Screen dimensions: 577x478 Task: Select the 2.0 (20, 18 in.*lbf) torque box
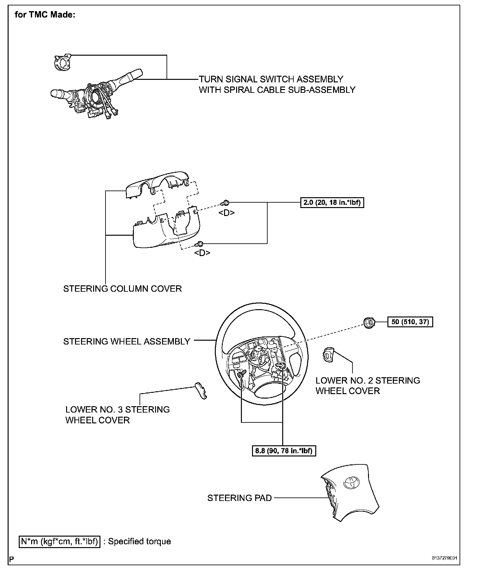click(332, 203)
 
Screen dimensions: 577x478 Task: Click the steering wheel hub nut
click(369, 323)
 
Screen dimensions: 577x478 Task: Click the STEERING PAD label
click(240, 498)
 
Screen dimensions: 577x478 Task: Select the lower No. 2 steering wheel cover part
click(328, 354)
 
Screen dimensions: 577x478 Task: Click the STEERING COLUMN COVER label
click(122, 289)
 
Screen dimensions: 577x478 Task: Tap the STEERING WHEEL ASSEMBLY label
click(126, 342)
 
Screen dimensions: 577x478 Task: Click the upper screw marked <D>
click(225, 203)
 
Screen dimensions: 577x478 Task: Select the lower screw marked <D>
click(200, 244)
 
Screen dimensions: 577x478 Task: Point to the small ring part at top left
click(62, 62)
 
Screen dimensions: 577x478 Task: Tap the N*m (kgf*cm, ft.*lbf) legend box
click(60, 541)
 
